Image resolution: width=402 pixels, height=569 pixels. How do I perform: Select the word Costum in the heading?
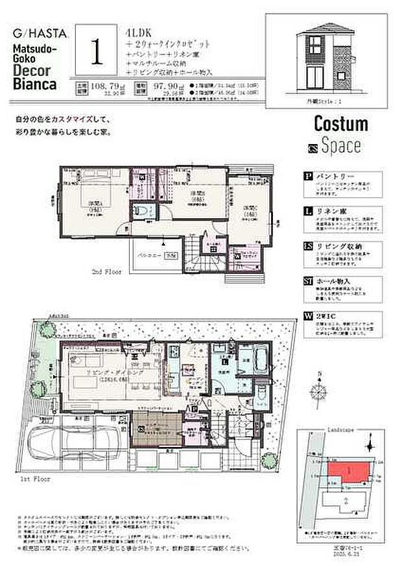pos(340,123)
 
